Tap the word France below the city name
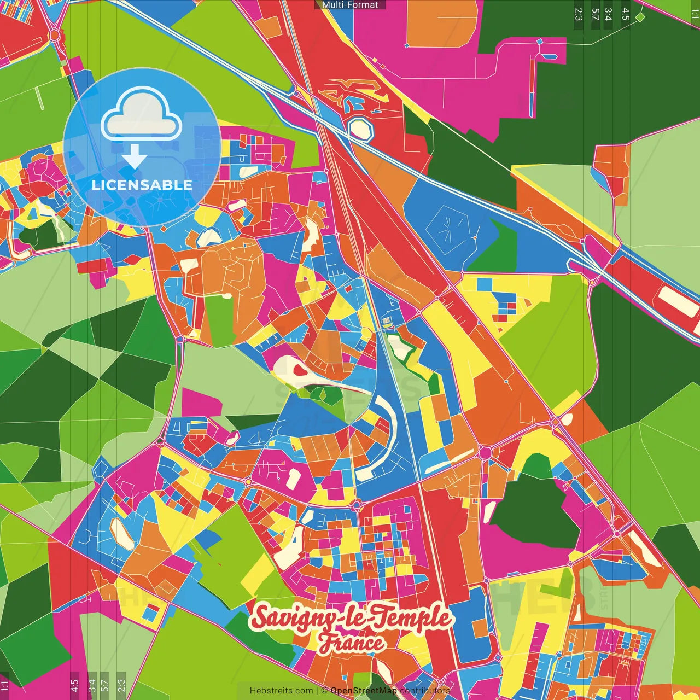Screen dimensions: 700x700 (352, 643)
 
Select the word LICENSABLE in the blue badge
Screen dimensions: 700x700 (142, 185)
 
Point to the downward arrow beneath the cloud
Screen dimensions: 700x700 (134, 157)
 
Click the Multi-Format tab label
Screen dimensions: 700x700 (350, 5)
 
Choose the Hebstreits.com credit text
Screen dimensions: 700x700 (281, 691)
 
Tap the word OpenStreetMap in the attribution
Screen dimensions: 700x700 (364, 691)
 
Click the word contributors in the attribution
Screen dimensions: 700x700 (425, 691)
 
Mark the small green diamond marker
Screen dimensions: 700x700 (640, 17)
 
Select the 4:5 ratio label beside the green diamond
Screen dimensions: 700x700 (626, 14)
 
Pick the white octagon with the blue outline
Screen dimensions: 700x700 (361, 129)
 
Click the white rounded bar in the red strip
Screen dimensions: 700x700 (678, 301)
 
